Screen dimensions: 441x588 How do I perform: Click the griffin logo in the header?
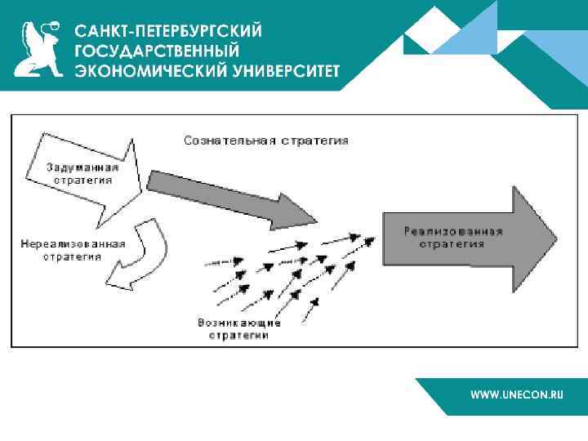pyautogui.click(x=40, y=48)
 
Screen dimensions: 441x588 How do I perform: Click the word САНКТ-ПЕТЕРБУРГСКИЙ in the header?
pyautogui.click(x=169, y=31)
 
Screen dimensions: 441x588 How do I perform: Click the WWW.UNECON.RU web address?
pyautogui.click(x=517, y=394)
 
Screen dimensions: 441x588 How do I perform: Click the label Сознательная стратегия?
pyautogui.click(x=266, y=140)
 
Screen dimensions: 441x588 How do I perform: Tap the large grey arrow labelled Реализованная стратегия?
pyautogui.click(x=465, y=238)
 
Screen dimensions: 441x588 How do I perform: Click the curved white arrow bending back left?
pyautogui.click(x=143, y=253)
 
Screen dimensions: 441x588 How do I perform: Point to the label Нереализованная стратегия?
pyautogui.click(x=73, y=250)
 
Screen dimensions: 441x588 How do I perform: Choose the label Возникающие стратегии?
pyautogui.click(x=238, y=328)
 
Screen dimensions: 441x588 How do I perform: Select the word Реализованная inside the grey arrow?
pyautogui.click(x=453, y=231)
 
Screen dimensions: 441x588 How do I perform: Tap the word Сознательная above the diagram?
pyautogui.click(x=229, y=140)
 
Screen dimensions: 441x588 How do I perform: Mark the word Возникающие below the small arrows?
pyautogui.click(x=238, y=323)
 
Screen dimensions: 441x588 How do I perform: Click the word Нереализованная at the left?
pyautogui.click(x=73, y=244)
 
